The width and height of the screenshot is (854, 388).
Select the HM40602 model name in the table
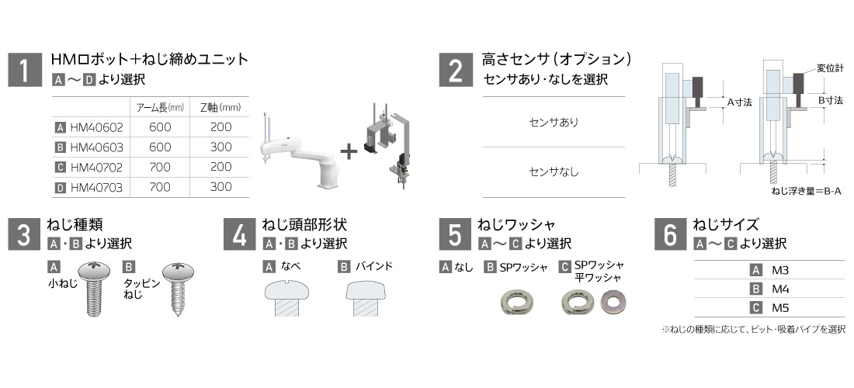[x=96, y=127]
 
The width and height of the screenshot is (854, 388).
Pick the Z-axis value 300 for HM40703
[x=221, y=186]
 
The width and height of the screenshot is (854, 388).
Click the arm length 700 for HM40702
[x=159, y=167]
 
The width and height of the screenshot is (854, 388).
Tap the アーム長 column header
[x=154, y=107]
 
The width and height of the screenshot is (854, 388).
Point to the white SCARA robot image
[x=297, y=152]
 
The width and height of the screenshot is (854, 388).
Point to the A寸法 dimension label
[x=740, y=102]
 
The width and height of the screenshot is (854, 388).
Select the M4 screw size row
[x=779, y=288]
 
